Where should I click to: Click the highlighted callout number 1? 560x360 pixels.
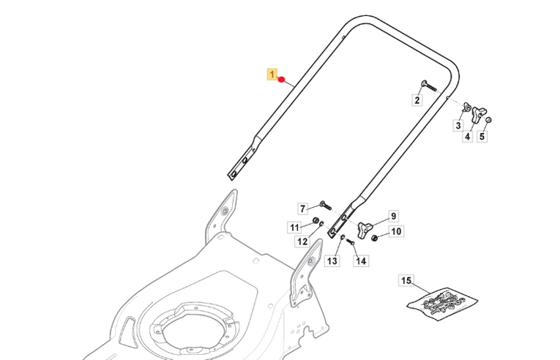(272, 75)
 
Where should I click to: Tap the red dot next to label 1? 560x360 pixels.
(281, 79)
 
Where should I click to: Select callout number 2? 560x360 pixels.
(417, 100)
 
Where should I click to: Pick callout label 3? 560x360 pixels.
(458, 125)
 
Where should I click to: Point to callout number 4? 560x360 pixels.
(468, 136)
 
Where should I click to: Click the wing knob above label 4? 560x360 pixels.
(477, 114)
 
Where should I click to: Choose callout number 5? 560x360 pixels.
(482, 136)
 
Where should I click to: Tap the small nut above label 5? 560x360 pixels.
(488, 120)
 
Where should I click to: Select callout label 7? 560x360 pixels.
(303, 209)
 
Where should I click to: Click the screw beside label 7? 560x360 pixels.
(325, 206)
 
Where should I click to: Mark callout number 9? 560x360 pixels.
(393, 216)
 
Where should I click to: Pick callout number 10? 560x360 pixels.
(396, 231)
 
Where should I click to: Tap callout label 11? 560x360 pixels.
(295, 228)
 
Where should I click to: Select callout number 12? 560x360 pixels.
(302, 241)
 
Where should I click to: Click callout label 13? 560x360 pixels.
(332, 260)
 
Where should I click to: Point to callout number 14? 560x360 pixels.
(361, 260)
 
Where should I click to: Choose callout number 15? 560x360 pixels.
(406, 280)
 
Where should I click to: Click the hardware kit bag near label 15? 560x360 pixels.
(442, 303)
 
